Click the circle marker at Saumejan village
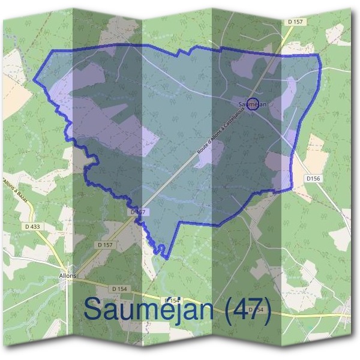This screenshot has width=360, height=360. click(253, 104)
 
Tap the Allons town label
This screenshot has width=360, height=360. click(68, 275)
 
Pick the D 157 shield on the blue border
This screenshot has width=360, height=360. click(138, 212)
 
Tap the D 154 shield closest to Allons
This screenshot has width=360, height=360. click(119, 289)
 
